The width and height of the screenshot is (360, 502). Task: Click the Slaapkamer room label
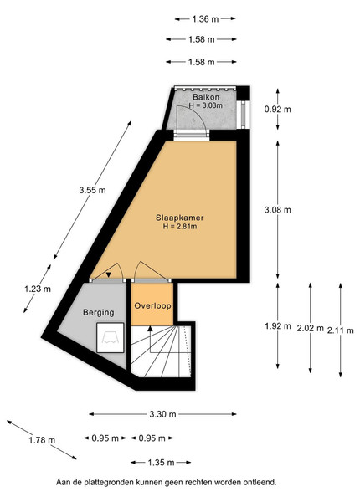[x=180, y=218]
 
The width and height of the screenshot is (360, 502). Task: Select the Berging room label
[x=98, y=312]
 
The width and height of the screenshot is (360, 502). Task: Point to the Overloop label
[x=152, y=305]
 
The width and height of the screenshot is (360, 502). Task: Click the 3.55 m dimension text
[x=92, y=190]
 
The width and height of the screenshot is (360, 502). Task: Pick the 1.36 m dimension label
[x=205, y=19]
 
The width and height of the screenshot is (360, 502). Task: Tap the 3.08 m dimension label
[x=278, y=210]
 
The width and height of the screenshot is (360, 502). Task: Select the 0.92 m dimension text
[x=278, y=110]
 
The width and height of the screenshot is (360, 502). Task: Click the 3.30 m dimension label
[x=162, y=414]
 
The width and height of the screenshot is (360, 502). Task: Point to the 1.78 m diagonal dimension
[x=42, y=440]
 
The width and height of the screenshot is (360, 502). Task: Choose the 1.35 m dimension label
[x=161, y=463]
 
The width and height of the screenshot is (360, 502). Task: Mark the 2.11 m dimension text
[x=341, y=330]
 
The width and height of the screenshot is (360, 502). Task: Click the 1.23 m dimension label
[x=38, y=289]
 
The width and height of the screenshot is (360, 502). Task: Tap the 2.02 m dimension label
[x=310, y=329]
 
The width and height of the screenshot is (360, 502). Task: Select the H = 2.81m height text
[x=180, y=227]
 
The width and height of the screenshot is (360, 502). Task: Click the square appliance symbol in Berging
[x=111, y=338]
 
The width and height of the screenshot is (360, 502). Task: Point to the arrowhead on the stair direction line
[x=150, y=329]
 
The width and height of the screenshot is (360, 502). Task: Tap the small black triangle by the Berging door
[x=109, y=274]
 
